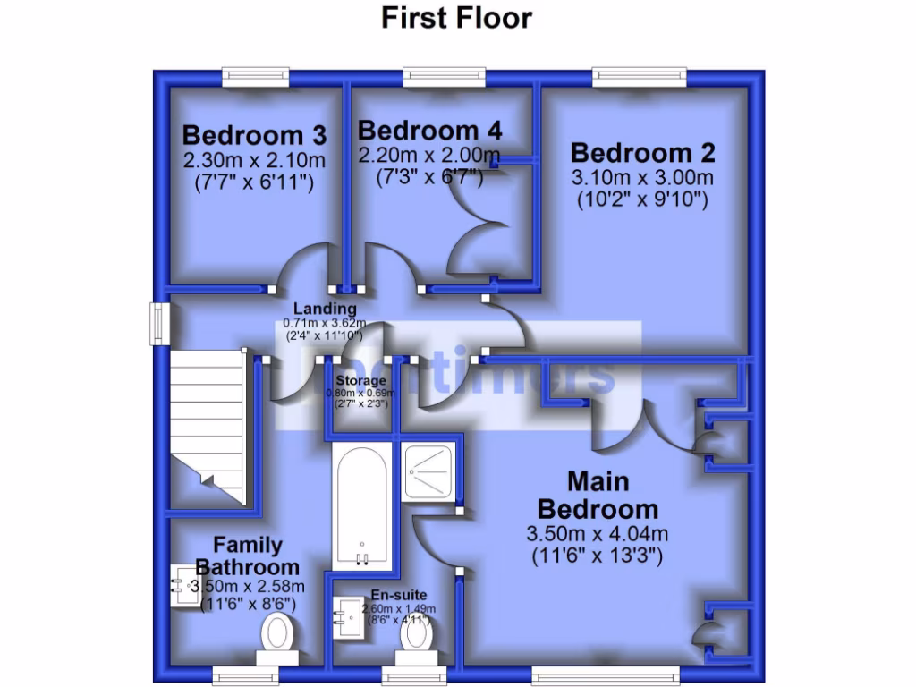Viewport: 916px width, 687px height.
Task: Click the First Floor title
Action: [456, 17]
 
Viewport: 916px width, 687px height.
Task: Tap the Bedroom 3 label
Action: [254, 136]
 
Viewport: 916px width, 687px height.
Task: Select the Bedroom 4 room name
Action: [429, 131]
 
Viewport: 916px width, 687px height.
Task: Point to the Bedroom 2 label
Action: [643, 152]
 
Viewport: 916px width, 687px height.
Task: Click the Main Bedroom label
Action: [597, 496]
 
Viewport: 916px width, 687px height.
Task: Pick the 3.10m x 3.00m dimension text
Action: [643, 177]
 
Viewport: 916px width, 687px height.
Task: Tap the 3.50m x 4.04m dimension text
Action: [598, 535]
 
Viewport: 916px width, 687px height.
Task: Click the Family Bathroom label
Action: [248, 556]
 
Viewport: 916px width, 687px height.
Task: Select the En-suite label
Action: [399, 595]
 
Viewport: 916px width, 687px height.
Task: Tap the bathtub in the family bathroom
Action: [360, 505]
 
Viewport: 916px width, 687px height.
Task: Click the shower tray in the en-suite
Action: [430, 470]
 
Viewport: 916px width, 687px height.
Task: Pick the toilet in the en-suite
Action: [416, 636]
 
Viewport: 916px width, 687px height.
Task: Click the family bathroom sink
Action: [185, 586]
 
